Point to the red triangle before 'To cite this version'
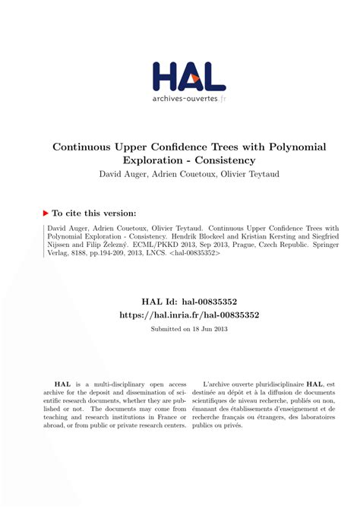46,213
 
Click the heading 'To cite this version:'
94,213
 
